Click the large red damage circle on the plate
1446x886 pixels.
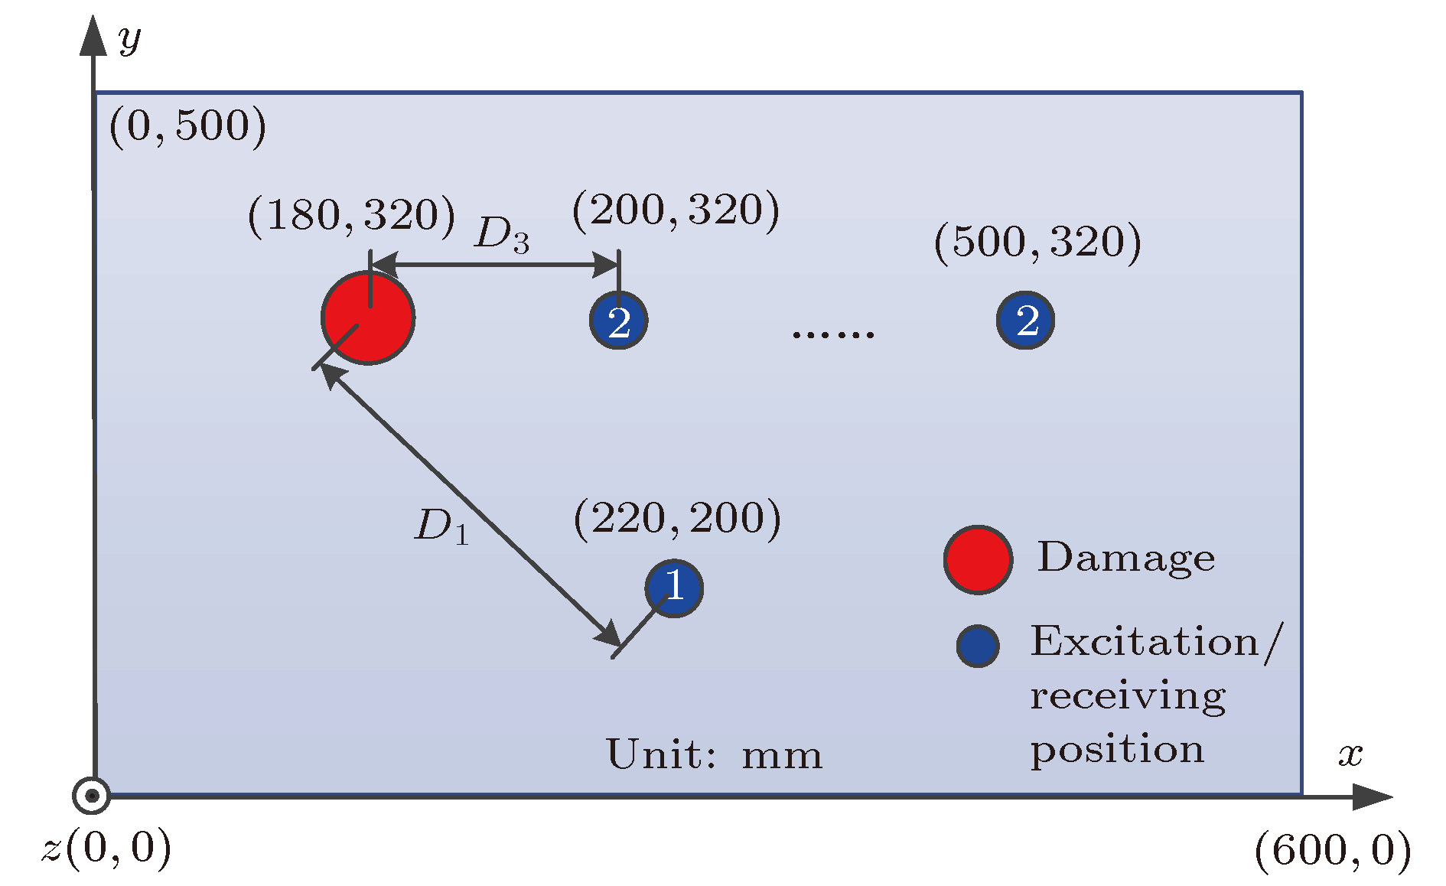[x=368, y=318]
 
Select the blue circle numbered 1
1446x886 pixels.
[x=674, y=588]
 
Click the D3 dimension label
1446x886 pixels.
[x=501, y=234]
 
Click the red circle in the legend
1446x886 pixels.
[x=978, y=559]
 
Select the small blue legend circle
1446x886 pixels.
[x=978, y=646]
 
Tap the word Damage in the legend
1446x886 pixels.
[x=1125, y=558]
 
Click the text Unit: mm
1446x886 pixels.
[x=714, y=754]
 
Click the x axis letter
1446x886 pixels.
[x=1350, y=754]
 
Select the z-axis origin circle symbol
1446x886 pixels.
[x=92, y=796]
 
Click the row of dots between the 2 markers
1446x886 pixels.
[x=833, y=334]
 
